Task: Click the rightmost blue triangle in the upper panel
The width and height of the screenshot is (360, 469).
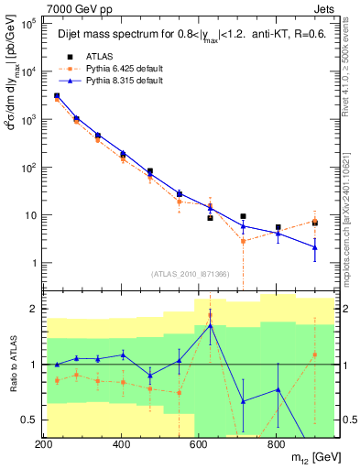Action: (x=315, y=247)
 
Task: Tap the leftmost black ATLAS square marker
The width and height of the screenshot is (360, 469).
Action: (x=57, y=95)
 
